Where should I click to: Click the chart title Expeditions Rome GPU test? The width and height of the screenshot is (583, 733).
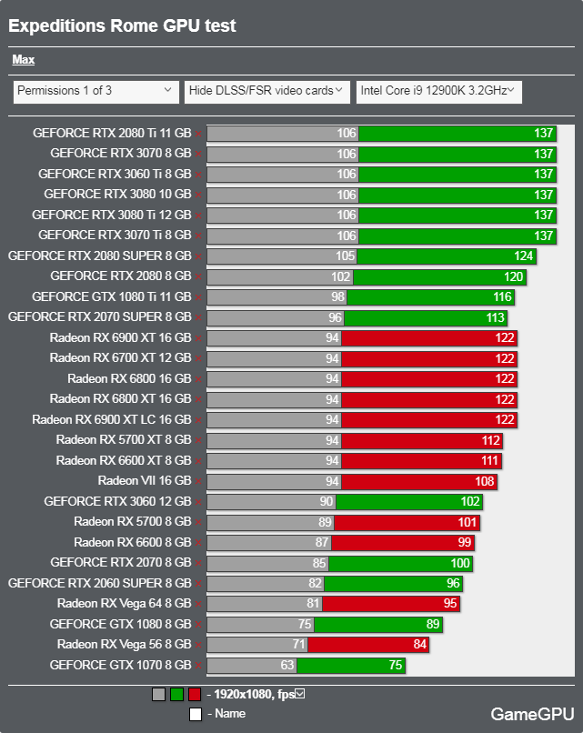coord(122,25)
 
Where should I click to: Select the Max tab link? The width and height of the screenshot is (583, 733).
coord(24,60)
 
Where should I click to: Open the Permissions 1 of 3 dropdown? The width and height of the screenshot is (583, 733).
coord(95,91)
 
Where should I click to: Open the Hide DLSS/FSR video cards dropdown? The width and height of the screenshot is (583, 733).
coord(266,91)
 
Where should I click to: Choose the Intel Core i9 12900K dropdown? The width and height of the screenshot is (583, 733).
coord(438,91)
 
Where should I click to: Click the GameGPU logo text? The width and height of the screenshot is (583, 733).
coord(532,714)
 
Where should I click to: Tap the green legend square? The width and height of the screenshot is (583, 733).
coord(177,695)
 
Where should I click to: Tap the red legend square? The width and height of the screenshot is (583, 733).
coord(194,695)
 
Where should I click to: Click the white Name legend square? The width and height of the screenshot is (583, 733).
coord(196,714)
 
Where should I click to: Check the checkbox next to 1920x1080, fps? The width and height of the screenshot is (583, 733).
coord(300,694)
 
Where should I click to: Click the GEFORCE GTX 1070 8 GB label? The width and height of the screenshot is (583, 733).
coord(120,665)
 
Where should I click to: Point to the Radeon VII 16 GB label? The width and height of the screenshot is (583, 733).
coord(145,480)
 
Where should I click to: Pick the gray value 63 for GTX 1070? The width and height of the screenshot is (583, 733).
coord(286,665)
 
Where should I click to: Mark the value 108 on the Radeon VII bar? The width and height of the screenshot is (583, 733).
coord(485,480)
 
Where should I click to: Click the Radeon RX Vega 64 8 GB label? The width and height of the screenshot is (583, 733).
coord(124,603)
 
